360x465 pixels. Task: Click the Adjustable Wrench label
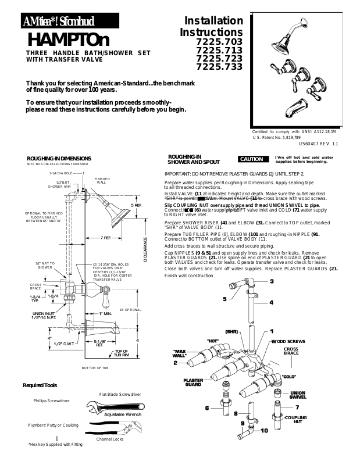(123, 414)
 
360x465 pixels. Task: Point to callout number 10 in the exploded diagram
(264, 431)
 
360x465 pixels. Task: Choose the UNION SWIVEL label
(297, 395)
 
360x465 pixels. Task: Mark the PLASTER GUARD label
(193, 382)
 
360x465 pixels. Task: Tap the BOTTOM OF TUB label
(95, 368)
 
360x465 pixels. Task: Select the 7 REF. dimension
(105, 238)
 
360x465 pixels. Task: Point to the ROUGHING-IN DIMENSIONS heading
(59, 158)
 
